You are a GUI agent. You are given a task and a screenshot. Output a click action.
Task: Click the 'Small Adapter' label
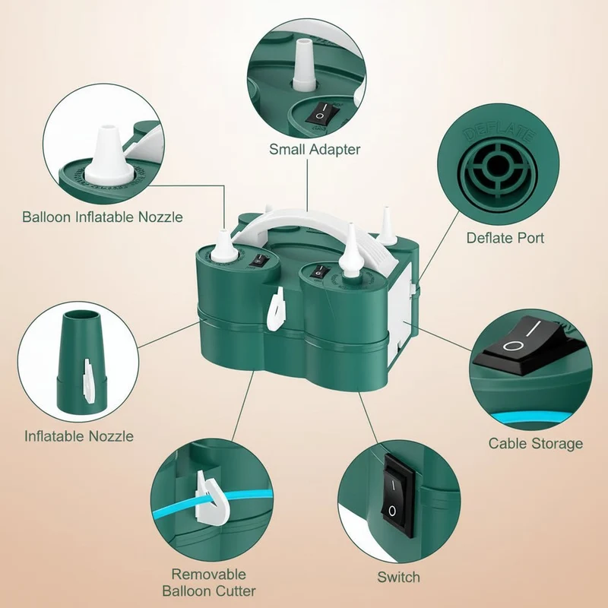coord(315,149)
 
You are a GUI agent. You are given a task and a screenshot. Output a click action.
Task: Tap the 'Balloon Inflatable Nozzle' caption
coord(103,217)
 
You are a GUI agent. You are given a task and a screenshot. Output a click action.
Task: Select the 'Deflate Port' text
coord(505,238)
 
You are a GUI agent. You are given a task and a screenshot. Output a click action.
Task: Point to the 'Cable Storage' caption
coord(536,443)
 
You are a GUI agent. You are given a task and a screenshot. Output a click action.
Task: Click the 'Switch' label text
coord(398,577)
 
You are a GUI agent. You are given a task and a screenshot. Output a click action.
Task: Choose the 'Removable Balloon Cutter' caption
coord(209,582)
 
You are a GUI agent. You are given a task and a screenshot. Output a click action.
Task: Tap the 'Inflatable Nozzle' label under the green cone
coord(79,436)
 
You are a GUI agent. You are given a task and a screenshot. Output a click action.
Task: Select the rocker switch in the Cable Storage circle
coord(531,345)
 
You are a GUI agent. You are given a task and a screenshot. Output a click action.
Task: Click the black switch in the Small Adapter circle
coord(321,114)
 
